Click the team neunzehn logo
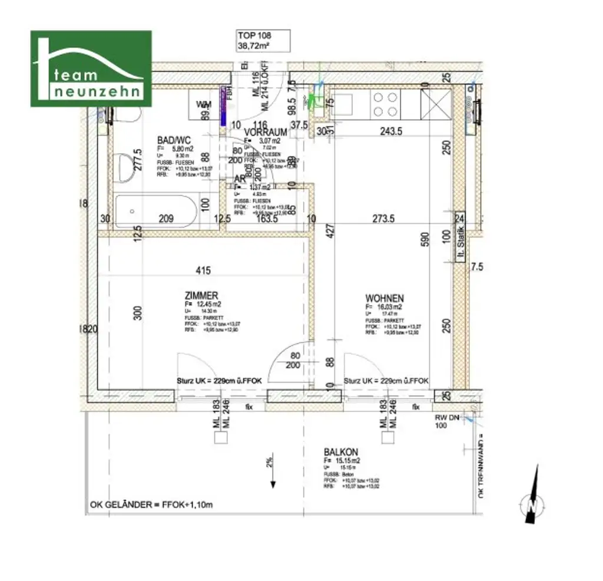91,68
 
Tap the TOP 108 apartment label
254,40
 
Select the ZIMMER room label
201,296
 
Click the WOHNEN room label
384,298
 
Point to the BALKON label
341,453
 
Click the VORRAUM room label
266,133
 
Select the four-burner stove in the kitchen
385,104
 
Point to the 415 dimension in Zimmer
203,271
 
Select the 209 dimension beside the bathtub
167,219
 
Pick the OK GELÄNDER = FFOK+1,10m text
151,505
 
